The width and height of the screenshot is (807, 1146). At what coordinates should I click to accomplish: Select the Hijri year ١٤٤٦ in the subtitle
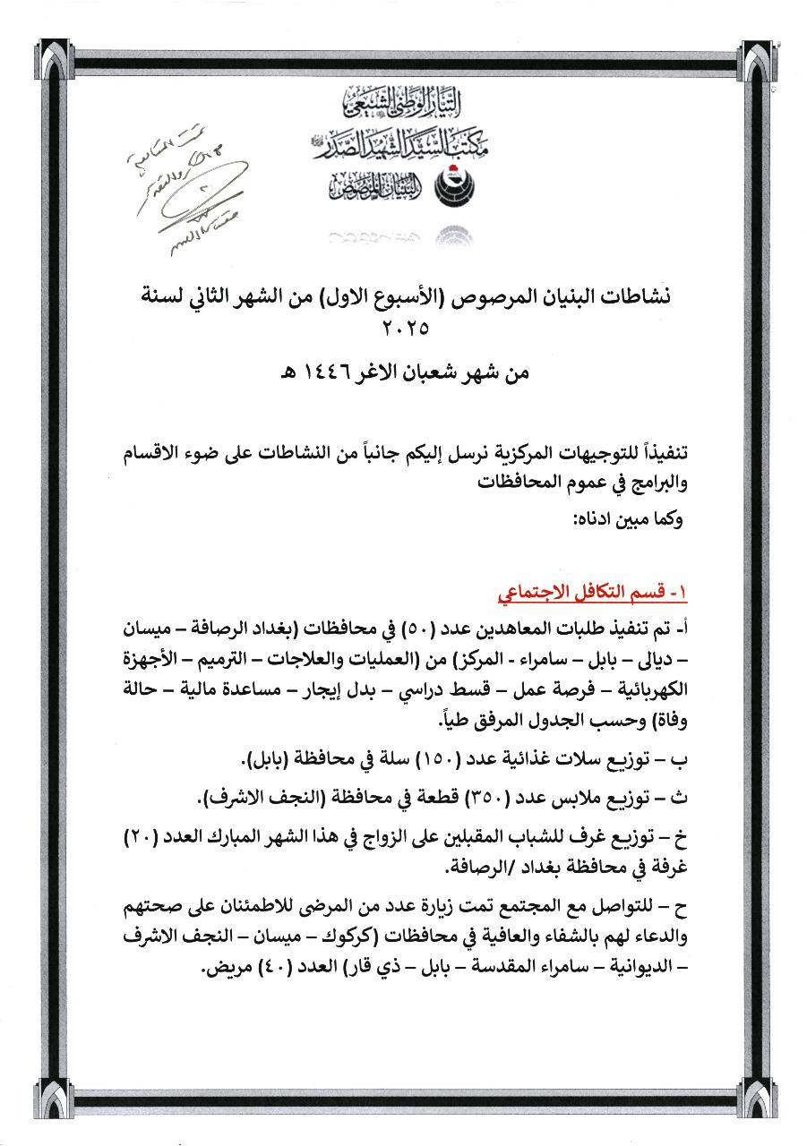[313, 373]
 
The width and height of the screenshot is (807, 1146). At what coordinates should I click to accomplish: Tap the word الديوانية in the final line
[640, 968]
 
